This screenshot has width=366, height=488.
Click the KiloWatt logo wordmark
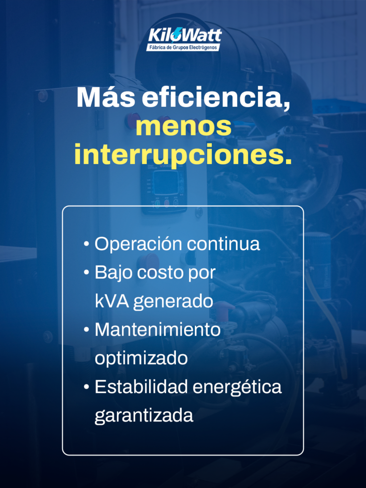click(x=184, y=35)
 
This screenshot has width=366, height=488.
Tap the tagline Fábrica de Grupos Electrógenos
click(x=183, y=48)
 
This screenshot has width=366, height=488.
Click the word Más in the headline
click(x=106, y=98)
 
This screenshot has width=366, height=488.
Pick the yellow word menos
click(x=183, y=127)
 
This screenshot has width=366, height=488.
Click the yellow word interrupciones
click(x=183, y=155)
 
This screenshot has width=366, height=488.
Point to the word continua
click(x=223, y=244)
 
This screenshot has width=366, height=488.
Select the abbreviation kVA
click(x=112, y=301)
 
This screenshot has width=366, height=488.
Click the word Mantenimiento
click(x=157, y=330)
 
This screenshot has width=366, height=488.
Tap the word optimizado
click(x=141, y=359)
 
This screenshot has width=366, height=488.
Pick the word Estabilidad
click(x=141, y=387)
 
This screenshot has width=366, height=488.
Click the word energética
click(x=237, y=388)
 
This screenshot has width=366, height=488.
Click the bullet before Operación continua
click(x=86, y=244)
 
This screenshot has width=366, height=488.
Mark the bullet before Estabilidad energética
click(x=86, y=387)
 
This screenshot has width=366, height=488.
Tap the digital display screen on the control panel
click(x=166, y=183)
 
